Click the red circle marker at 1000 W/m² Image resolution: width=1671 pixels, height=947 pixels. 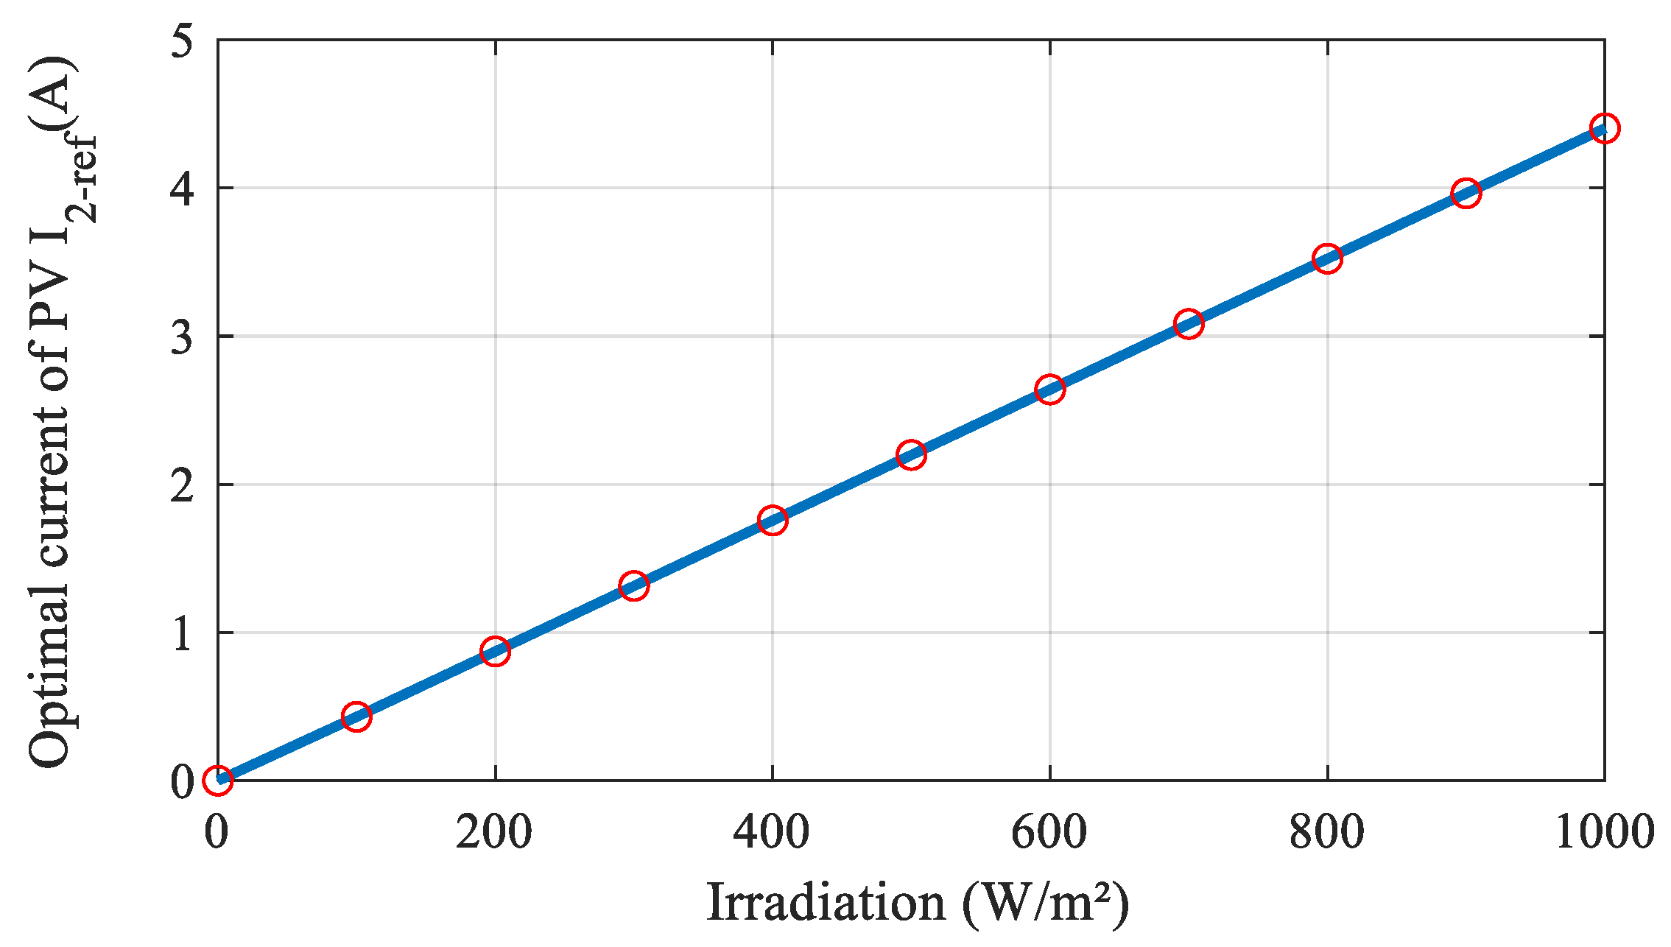(1604, 128)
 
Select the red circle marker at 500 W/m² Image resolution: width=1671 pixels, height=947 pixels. (911, 454)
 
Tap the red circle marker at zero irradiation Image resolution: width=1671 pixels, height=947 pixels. (218, 779)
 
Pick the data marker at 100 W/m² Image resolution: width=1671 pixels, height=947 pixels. (356, 716)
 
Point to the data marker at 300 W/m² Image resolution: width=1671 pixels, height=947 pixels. (633, 585)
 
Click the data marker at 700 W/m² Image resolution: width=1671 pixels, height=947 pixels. (1189, 323)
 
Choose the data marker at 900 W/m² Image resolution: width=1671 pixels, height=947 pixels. (1466, 193)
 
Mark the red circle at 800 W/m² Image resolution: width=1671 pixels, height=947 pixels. (1327, 258)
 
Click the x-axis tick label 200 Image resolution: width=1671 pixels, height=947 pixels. (493, 833)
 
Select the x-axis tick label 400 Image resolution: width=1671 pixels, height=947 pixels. (771, 833)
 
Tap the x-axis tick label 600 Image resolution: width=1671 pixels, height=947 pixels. (1049, 833)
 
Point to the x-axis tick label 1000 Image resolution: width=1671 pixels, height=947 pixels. (1604, 833)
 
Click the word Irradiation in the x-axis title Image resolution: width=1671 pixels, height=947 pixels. (826, 903)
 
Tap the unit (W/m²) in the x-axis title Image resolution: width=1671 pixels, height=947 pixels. (1045, 903)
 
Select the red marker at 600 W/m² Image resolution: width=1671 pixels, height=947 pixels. (1049, 389)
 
